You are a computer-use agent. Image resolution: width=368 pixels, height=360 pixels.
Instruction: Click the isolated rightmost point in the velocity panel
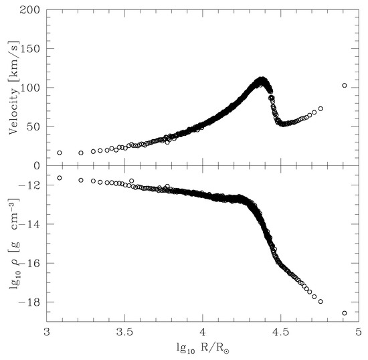pyautogui.click(x=345, y=86)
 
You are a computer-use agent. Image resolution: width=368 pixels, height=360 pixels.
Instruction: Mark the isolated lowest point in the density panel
pyautogui.click(x=345, y=313)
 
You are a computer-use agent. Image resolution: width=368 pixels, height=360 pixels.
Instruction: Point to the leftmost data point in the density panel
pyautogui.click(x=60, y=178)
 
